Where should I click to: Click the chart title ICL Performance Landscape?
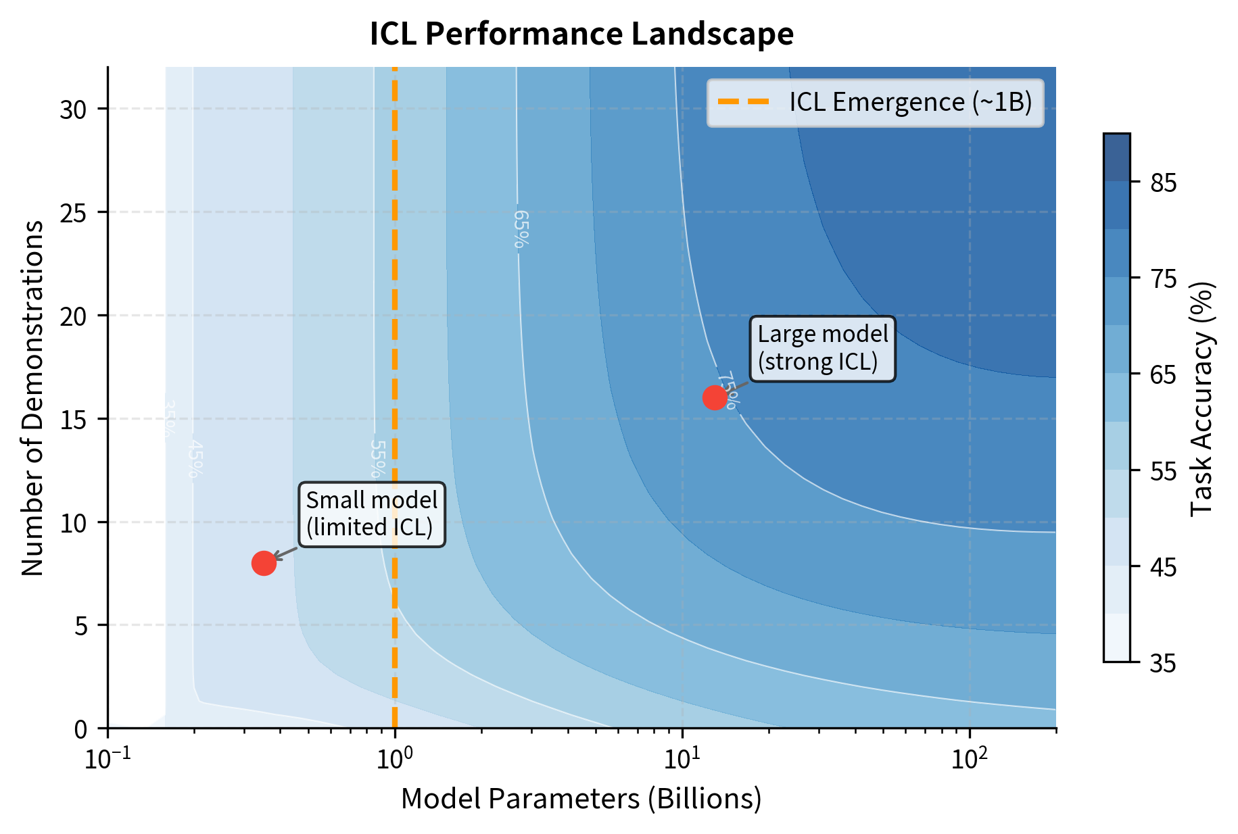[x=581, y=34]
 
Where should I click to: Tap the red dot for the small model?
[x=264, y=562]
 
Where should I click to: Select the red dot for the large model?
[x=715, y=398]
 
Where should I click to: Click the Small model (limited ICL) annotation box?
[x=372, y=514]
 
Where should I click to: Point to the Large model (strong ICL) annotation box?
[x=822, y=348]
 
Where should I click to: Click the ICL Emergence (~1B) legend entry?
[x=875, y=103]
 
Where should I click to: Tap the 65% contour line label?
[x=520, y=229]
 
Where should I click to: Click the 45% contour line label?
[x=195, y=460]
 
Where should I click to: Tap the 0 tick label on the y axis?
[x=80, y=729]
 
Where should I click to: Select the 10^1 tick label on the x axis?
[x=682, y=759]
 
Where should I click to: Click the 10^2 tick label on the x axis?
[x=970, y=759]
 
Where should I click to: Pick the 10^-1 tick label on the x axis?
[x=107, y=759]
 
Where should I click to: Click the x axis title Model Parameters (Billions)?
[x=581, y=799]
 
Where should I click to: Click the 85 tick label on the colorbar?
[x=1163, y=183]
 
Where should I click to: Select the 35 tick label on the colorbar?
[x=1163, y=664]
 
